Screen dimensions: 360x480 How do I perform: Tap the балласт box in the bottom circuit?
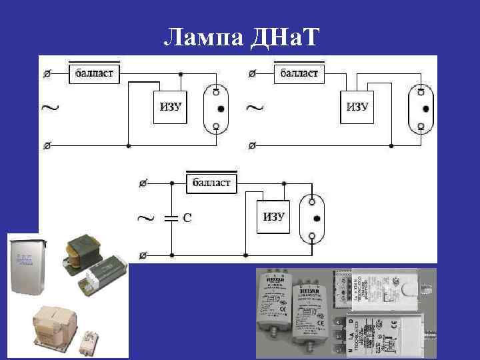211,181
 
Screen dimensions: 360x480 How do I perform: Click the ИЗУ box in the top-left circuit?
171,107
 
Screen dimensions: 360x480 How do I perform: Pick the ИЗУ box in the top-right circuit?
357,107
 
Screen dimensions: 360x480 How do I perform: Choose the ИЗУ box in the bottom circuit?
273,217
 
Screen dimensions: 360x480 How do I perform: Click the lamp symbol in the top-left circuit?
216,107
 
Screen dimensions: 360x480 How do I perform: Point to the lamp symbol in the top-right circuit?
422,107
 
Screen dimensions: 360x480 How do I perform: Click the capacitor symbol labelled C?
171,217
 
